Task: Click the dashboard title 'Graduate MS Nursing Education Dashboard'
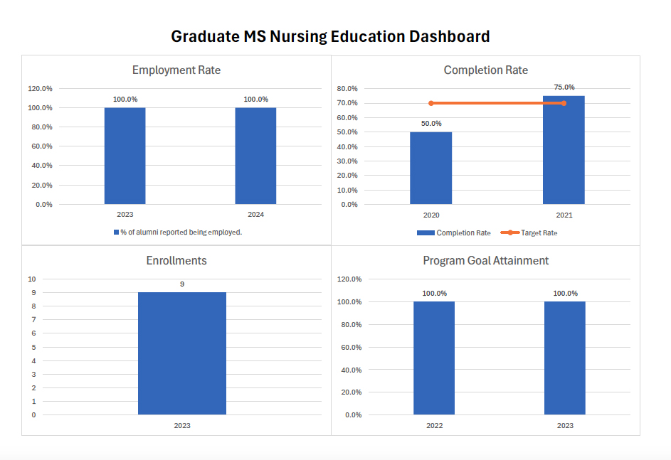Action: coord(330,36)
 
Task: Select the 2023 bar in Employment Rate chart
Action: coord(125,156)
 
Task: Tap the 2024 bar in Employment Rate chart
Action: coord(255,156)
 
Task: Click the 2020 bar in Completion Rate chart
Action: coord(430,168)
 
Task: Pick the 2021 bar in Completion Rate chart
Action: coord(564,150)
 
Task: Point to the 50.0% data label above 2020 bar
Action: coord(430,123)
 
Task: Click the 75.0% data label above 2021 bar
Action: coord(564,87)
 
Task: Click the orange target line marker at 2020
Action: coord(431,103)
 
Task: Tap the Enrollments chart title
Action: coord(176,261)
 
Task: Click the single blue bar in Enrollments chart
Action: coord(181,353)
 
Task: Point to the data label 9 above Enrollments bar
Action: coord(181,284)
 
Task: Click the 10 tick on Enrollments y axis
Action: coord(31,279)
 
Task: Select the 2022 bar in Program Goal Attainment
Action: coord(434,358)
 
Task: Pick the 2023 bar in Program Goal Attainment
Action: coord(564,358)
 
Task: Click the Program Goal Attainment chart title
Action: coord(485,261)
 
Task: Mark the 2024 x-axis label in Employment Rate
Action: coord(255,214)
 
